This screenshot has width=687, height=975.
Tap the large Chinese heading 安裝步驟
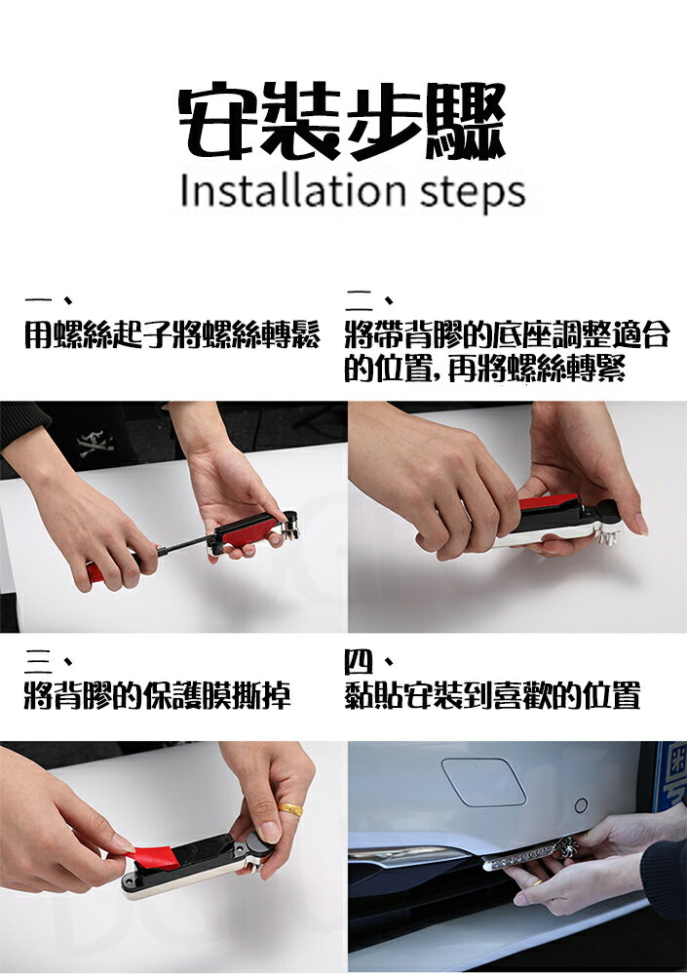(341, 121)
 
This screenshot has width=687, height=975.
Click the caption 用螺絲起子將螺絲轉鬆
(172, 335)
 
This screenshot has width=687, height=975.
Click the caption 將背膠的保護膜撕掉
(157, 696)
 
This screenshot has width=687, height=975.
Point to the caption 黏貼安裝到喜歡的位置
(492, 696)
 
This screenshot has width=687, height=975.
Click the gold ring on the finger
(290, 809)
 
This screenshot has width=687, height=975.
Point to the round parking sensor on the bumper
(582, 806)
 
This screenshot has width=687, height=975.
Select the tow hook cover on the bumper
(483, 782)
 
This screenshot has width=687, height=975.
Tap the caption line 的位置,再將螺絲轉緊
(485, 370)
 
